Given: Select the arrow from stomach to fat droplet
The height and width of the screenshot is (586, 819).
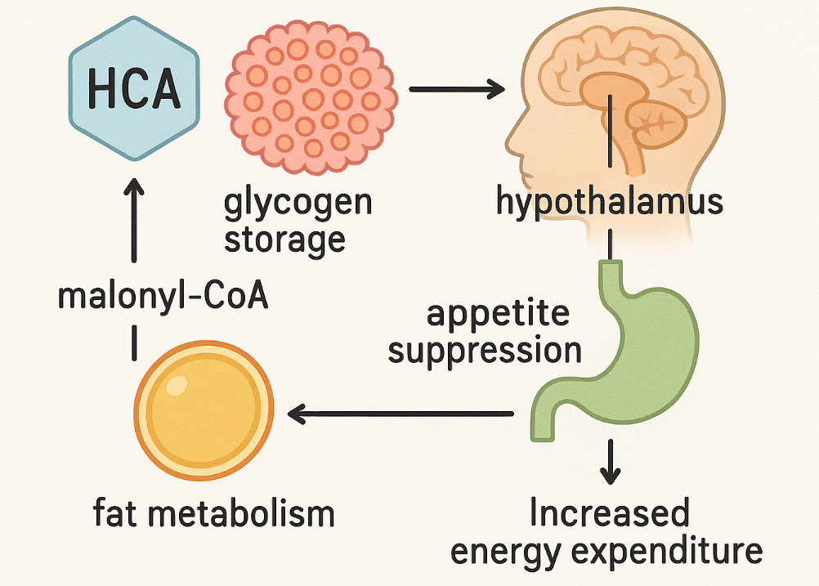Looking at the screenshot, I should [x=401, y=414].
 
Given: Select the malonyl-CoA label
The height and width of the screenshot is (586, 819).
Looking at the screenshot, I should [x=163, y=296].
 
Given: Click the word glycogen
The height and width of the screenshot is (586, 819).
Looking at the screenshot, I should [x=298, y=202].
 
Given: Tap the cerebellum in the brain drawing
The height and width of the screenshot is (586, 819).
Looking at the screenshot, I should [x=655, y=123].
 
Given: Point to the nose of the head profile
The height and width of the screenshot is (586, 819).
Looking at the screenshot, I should [x=512, y=143].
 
